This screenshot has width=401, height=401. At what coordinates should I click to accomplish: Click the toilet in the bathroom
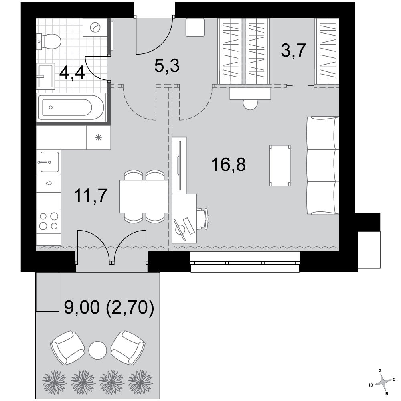pyautogui.click(x=49, y=42)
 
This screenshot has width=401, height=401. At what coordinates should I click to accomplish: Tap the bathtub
pyautogui.click(x=71, y=107)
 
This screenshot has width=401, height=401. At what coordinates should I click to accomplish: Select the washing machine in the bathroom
pyautogui.click(x=95, y=27)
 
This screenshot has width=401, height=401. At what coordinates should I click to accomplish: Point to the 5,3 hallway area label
pyautogui.click(x=167, y=65)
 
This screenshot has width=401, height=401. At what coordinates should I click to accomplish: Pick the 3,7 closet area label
pyautogui.click(x=294, y=51)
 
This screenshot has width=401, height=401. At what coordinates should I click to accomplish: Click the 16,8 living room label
pyautogui.click(x=229, y=164)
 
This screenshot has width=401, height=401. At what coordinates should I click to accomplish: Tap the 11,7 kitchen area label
pyautogui.click(x=91, y=196)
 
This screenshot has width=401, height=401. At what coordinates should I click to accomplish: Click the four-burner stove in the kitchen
pyautogui.click(x=49, y=221)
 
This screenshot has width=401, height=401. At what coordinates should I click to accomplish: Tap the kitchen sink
pyautogui.click(x=49, y=162)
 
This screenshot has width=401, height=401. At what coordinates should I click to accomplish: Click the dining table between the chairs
pyautogui.click(x=144, y=196)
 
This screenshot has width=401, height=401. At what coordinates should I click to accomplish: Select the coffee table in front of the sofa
pyautogui.click(x=280, y=165)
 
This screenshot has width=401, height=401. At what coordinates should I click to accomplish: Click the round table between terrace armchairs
pyautogui.click(x=97, y=350)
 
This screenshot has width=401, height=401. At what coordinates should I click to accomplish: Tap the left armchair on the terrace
pyautogui.click(x=67, y=348)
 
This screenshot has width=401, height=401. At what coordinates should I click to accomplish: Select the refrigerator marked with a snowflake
pyautogui.click(x=99, y=137)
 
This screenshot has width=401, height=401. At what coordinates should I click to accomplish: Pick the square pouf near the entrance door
pyautogui.click(x=195, y=28)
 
